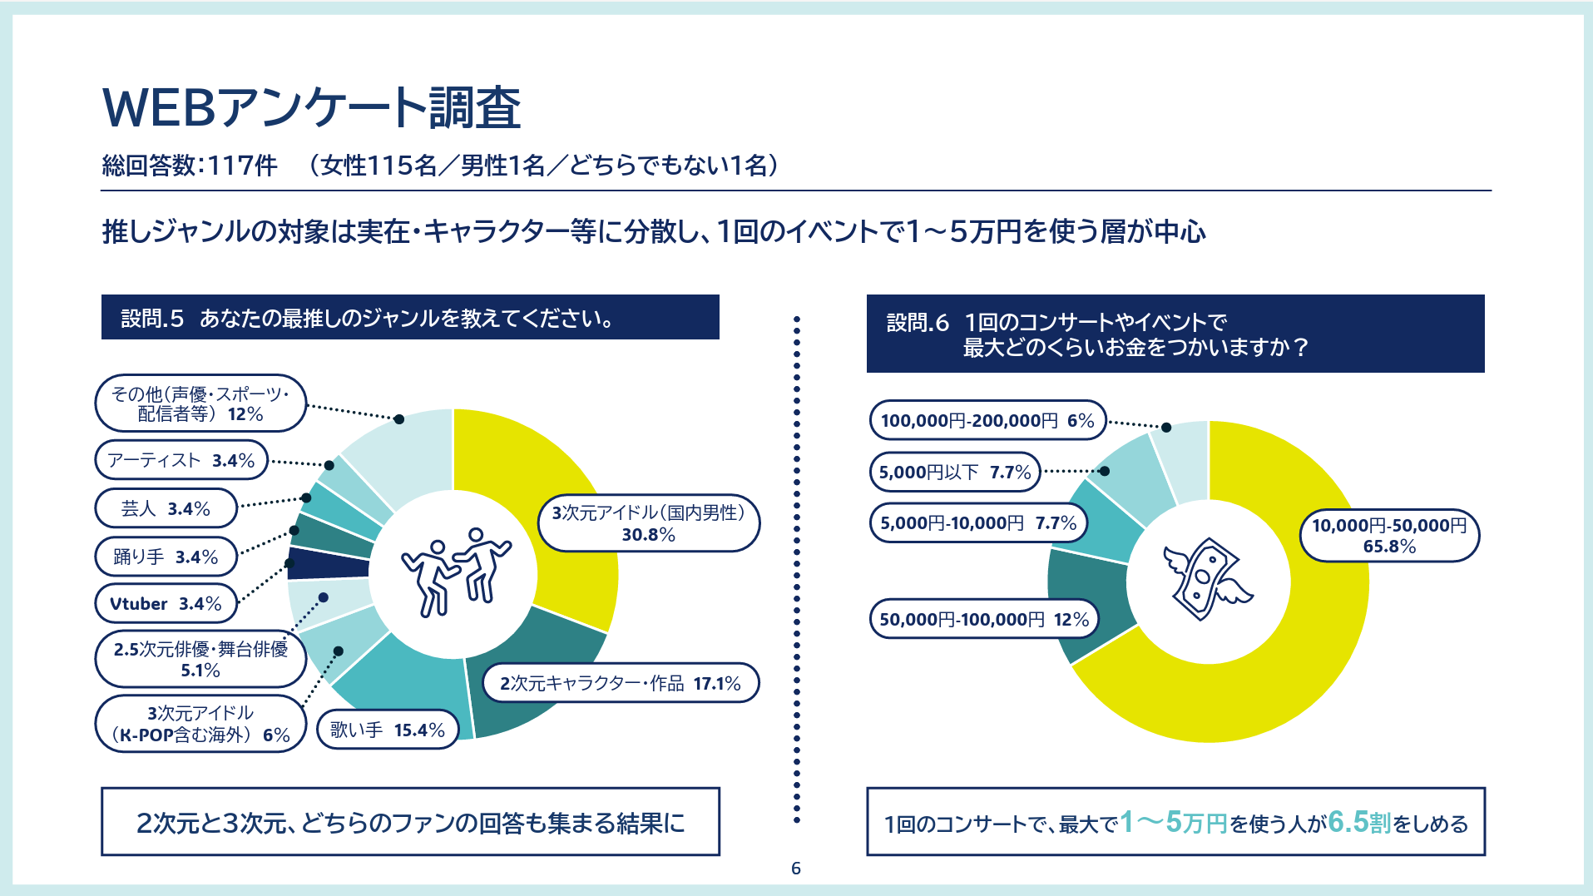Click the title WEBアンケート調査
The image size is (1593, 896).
[311, 108]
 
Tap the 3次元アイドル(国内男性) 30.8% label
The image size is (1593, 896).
[649, 523]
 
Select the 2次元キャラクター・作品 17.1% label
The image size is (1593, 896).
[620, 683]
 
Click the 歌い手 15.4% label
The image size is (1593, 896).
[388, 730]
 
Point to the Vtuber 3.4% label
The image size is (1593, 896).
[166, 603]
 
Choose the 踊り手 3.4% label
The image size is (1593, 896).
[166, 557]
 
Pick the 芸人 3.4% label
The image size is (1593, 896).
[166, 508]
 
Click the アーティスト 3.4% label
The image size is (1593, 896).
[181, 460]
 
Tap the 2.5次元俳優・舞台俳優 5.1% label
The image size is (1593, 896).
[200, 659]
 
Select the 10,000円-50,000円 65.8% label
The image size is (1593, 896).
[1389, 535]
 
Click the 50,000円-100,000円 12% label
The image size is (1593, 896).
[984, 619]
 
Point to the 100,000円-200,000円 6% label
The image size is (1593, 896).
[987, 420]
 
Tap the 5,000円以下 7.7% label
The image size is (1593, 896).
[955, 472]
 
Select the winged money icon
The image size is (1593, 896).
[1207, 579]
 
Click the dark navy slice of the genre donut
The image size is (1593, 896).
[328, 563]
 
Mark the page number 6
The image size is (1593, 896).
[796, 869]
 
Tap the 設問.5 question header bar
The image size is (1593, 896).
[410, 317]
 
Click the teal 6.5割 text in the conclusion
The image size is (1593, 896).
[1359, 822]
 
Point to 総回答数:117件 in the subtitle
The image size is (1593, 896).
[190, 166]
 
